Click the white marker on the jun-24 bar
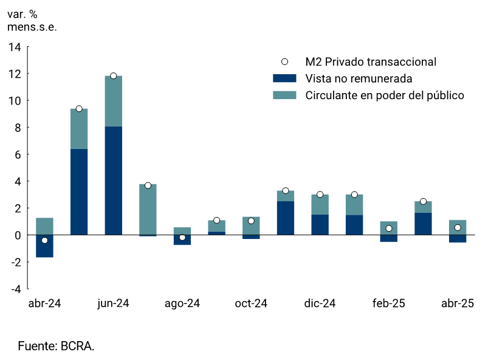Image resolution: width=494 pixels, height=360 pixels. [114, 76]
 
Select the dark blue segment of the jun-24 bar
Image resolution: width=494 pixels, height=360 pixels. [114, 180]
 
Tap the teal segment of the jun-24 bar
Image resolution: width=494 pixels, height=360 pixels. [114, 102]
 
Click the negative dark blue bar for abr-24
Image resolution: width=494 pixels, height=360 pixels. [44, 246]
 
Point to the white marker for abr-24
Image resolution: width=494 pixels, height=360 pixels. [44, 240]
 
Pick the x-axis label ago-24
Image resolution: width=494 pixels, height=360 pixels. [182, 303]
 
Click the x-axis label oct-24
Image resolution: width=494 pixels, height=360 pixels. [251, 303]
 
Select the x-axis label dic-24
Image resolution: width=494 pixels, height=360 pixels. [320, 303]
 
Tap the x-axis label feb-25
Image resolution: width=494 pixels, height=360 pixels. [389, 303]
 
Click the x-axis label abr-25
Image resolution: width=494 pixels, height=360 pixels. [458, 303]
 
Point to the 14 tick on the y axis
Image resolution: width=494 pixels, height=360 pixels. [15, 47]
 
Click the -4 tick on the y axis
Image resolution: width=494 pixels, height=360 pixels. [16, 288]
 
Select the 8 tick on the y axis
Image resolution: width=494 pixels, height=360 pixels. [18, 128]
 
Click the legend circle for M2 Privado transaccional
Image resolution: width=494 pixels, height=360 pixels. [284, 61]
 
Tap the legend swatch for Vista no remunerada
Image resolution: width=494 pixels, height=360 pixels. [284, 78]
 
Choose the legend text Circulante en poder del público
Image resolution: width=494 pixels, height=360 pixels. [385, 95]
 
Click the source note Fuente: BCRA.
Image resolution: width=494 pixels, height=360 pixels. [56, 346]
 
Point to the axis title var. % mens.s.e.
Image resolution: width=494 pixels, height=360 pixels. [32, 21]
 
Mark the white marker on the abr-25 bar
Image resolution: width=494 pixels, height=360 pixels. [458, 227]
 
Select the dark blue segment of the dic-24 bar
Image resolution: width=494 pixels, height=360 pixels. [320, 224]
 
